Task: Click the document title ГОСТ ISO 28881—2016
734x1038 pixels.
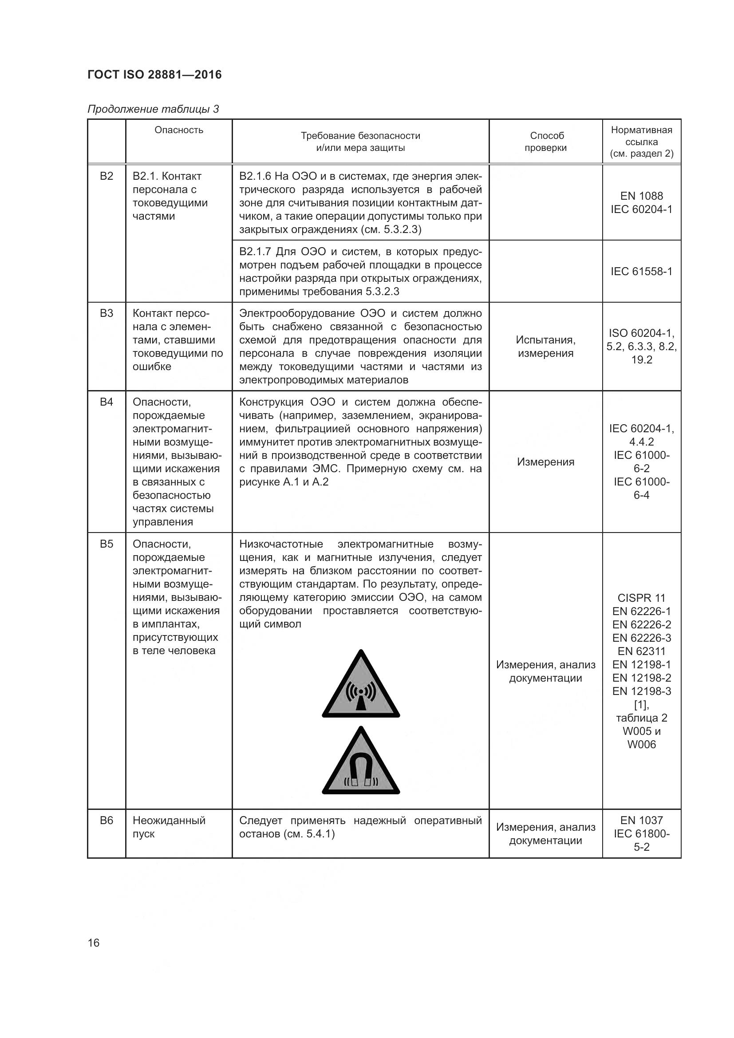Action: coord(154,75)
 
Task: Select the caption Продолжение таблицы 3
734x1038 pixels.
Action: coord(153,109)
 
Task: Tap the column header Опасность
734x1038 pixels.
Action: coord(179,130)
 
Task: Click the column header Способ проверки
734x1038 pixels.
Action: coord(545,142)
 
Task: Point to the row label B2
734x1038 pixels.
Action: coord(106,176)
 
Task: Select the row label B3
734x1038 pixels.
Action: coord(106,313)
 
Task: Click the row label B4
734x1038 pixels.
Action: coord(106,402)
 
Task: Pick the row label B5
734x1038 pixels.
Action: coord(106,544)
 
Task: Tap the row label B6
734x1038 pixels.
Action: coord(106,821)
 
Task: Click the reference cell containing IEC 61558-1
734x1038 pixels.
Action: coord(641,271)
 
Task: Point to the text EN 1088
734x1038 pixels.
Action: coord(641,196)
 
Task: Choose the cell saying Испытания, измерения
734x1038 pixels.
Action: coord(545,346)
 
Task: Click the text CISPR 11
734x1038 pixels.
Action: coord(641,598)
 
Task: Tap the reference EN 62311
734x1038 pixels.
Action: coord(641,651)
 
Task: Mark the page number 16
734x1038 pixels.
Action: coord(94,943)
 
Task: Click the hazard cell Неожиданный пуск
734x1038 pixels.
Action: coord(169,827)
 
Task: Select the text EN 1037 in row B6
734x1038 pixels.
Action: coord(641,820)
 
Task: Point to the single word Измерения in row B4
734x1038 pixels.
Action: coord(545,462)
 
